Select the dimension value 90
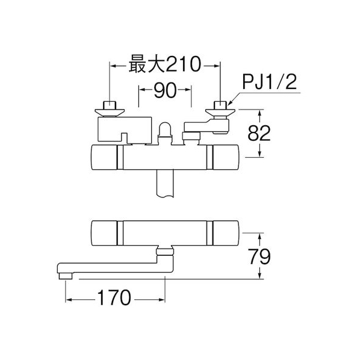165,90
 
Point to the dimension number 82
259,134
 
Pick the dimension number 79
259,256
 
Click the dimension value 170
114,297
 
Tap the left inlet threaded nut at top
110,105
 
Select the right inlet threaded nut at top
220,105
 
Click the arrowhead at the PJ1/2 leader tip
230,104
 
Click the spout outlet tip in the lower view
66,276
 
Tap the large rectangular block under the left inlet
125,129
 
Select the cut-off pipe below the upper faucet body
165,184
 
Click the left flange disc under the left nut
110,113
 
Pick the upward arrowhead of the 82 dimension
259,113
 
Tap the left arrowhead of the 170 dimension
69,299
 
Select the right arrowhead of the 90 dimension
188,90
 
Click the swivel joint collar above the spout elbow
165,252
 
